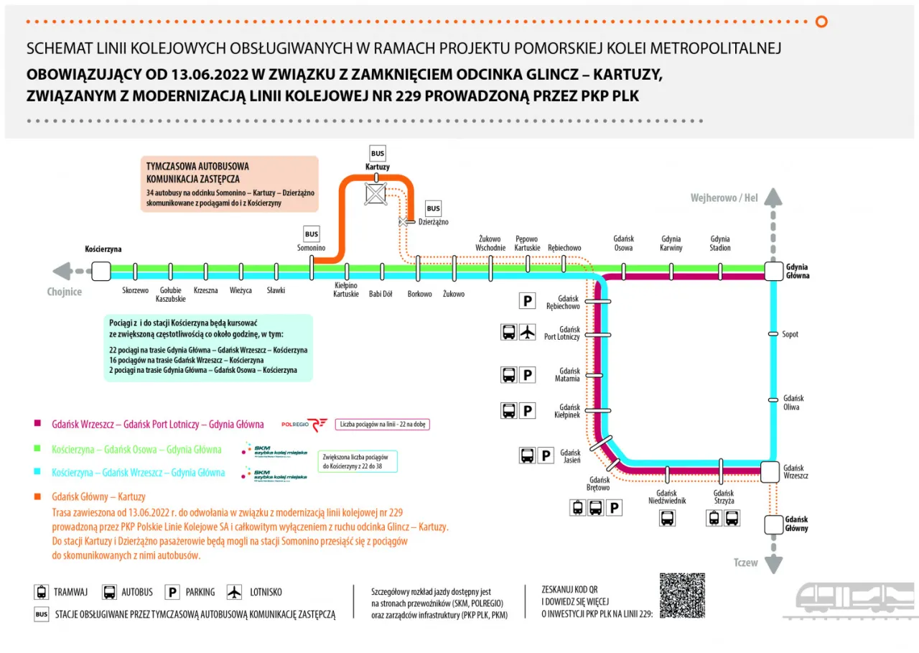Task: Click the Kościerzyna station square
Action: tap(101, 271)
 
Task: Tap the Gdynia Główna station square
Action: tap(773, 271)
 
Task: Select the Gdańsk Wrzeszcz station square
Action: tap(770, 471)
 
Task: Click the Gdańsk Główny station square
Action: tap(773, 524)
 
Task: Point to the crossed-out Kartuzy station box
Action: tap(375, 193)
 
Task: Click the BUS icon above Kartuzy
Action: tap(378, 153)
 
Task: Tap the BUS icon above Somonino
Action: tap(312, 234)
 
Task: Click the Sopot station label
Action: tap(790, 334)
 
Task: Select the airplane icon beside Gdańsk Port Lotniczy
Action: tap(528, 332)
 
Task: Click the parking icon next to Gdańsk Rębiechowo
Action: tap(528, 301)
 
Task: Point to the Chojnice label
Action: tap(65, 292)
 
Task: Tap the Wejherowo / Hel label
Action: tap(724, 198)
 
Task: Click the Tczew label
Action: tap(745, 562)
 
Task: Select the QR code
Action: tap(682, 596)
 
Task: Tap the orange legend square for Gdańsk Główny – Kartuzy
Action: tap(37, 496)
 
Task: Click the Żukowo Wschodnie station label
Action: tap(490, 244)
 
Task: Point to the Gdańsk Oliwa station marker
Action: tap(773, 400)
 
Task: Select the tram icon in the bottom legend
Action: tap(41, 592)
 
